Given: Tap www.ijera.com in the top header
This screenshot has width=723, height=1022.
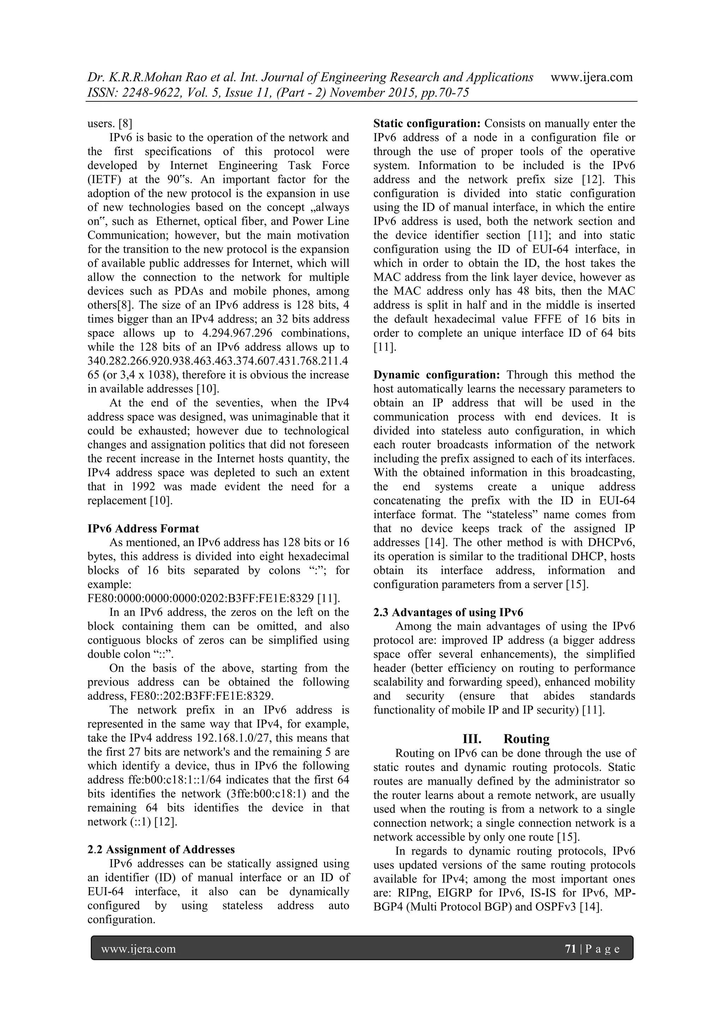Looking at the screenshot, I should pyautogui.click(x=591, y=77).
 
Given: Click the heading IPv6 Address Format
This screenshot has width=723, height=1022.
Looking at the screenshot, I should pyautogui.click(x=143, y=528).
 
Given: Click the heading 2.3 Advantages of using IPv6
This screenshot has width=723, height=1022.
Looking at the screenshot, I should pyautogui.click(x=448, y=612).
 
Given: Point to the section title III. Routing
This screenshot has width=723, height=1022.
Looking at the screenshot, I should pyautogui.click(x=506, y=739).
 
